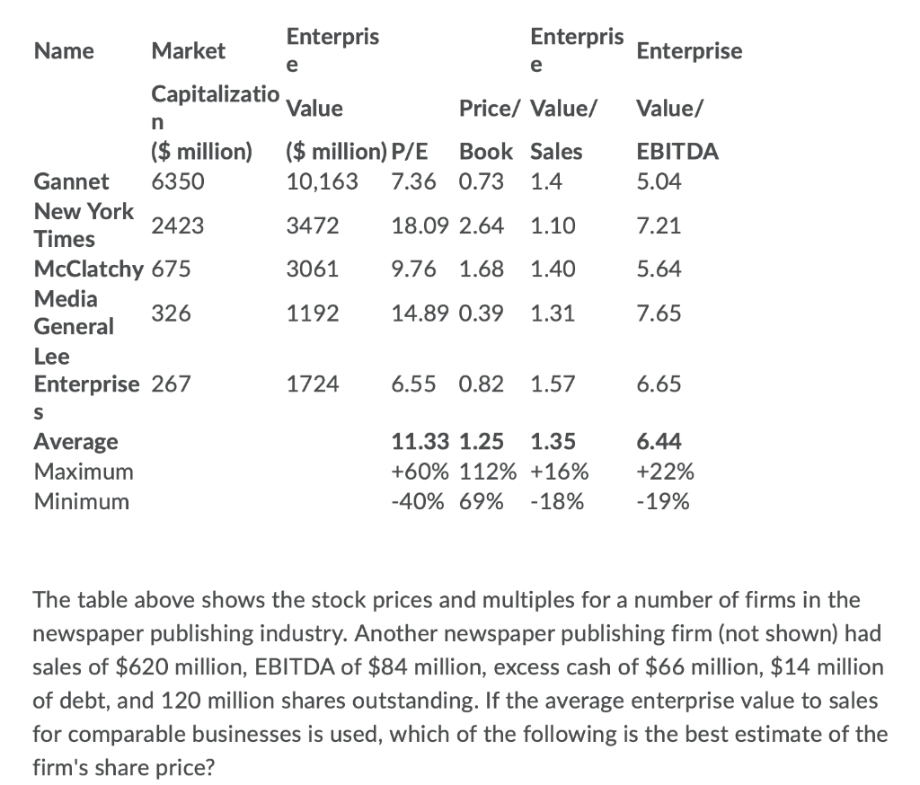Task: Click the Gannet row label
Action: point(71,182)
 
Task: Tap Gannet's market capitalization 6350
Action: point(178,182)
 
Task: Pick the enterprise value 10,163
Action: point(321,182)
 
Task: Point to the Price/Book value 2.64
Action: point(481,225)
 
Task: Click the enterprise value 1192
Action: point(312,313)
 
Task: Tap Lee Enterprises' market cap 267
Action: point(170,384)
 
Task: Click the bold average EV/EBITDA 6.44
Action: point(659,441)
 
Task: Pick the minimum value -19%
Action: point(662,501)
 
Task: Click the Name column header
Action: point(63,51)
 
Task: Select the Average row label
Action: point(75,441)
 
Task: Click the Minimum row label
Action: point(81,501)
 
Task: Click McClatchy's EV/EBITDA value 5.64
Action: point(659,269)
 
